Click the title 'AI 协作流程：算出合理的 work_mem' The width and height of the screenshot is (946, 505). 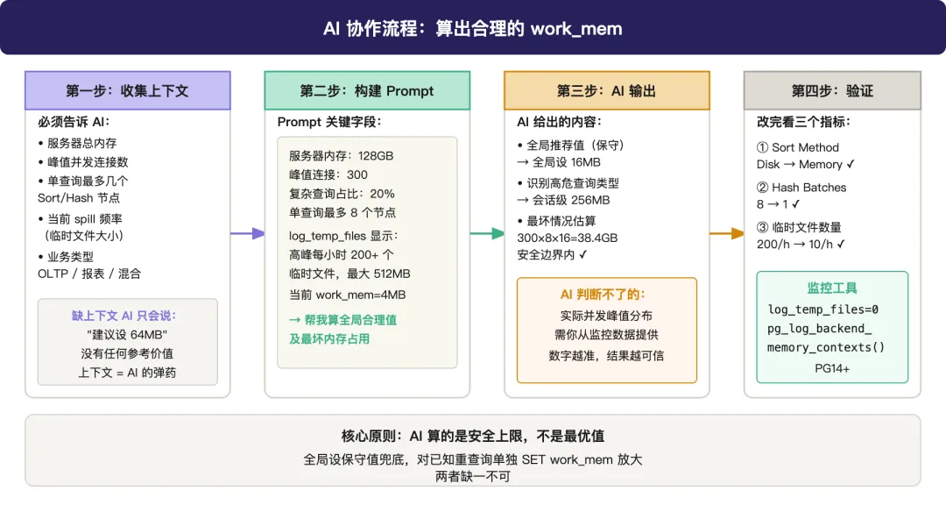[x=473, y=28]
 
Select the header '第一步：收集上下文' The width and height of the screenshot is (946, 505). [x=127, y=91]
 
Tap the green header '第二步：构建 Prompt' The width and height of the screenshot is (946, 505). [x=367, y=91]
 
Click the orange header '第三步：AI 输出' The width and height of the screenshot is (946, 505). [x=606, y=91]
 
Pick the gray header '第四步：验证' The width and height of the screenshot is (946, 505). [x=832, y=91]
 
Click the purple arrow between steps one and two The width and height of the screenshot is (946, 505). [x=248, y=233]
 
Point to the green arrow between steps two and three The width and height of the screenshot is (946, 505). [x=487, y=233]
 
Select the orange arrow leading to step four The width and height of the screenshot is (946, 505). [x=726, y=233]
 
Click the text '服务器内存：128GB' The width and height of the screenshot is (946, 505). [x=342, y=156]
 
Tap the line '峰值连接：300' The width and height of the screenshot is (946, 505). [x=328, y=174]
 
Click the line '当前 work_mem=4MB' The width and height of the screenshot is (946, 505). [x=348, y=295]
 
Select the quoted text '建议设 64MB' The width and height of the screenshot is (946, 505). [x=128, y=335]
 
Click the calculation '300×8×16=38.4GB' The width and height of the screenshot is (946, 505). [x=567, y=238]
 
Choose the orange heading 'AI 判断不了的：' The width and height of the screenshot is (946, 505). [x=606, y=295]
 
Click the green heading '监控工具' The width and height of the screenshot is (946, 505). [x=832, y=288]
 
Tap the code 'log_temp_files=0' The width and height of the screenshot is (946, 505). [x=823, y=309]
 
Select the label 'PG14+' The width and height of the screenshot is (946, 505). [x=832, y=368]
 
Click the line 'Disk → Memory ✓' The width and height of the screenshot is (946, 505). [x=806, y=165]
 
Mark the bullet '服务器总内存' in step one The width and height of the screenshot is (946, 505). [x=81, y=143]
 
